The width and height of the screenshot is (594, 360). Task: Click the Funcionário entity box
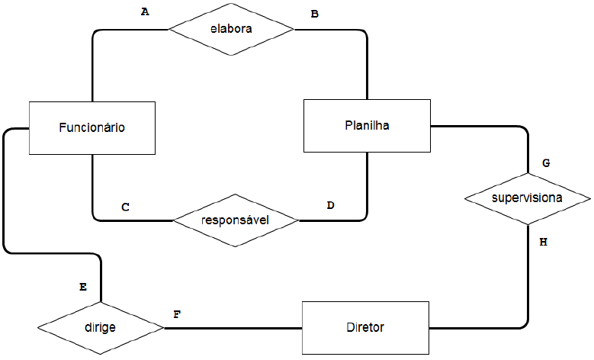(92, 128)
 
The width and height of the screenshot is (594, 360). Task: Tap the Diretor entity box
(365, 328)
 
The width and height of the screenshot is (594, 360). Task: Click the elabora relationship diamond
(230, 29)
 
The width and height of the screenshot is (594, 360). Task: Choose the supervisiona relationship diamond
(527, 198)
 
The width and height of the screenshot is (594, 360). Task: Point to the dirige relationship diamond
(99, 328)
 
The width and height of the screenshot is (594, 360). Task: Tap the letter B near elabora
(314, 14)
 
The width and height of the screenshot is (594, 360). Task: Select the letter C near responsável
(125, 207)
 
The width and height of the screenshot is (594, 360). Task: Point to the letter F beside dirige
(177, 313)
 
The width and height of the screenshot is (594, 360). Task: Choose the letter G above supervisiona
(545, 163)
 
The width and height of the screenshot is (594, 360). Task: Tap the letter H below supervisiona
(543, 242)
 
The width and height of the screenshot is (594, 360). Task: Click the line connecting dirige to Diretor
(233, 328)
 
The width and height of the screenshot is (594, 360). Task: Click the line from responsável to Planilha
(366, 191)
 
